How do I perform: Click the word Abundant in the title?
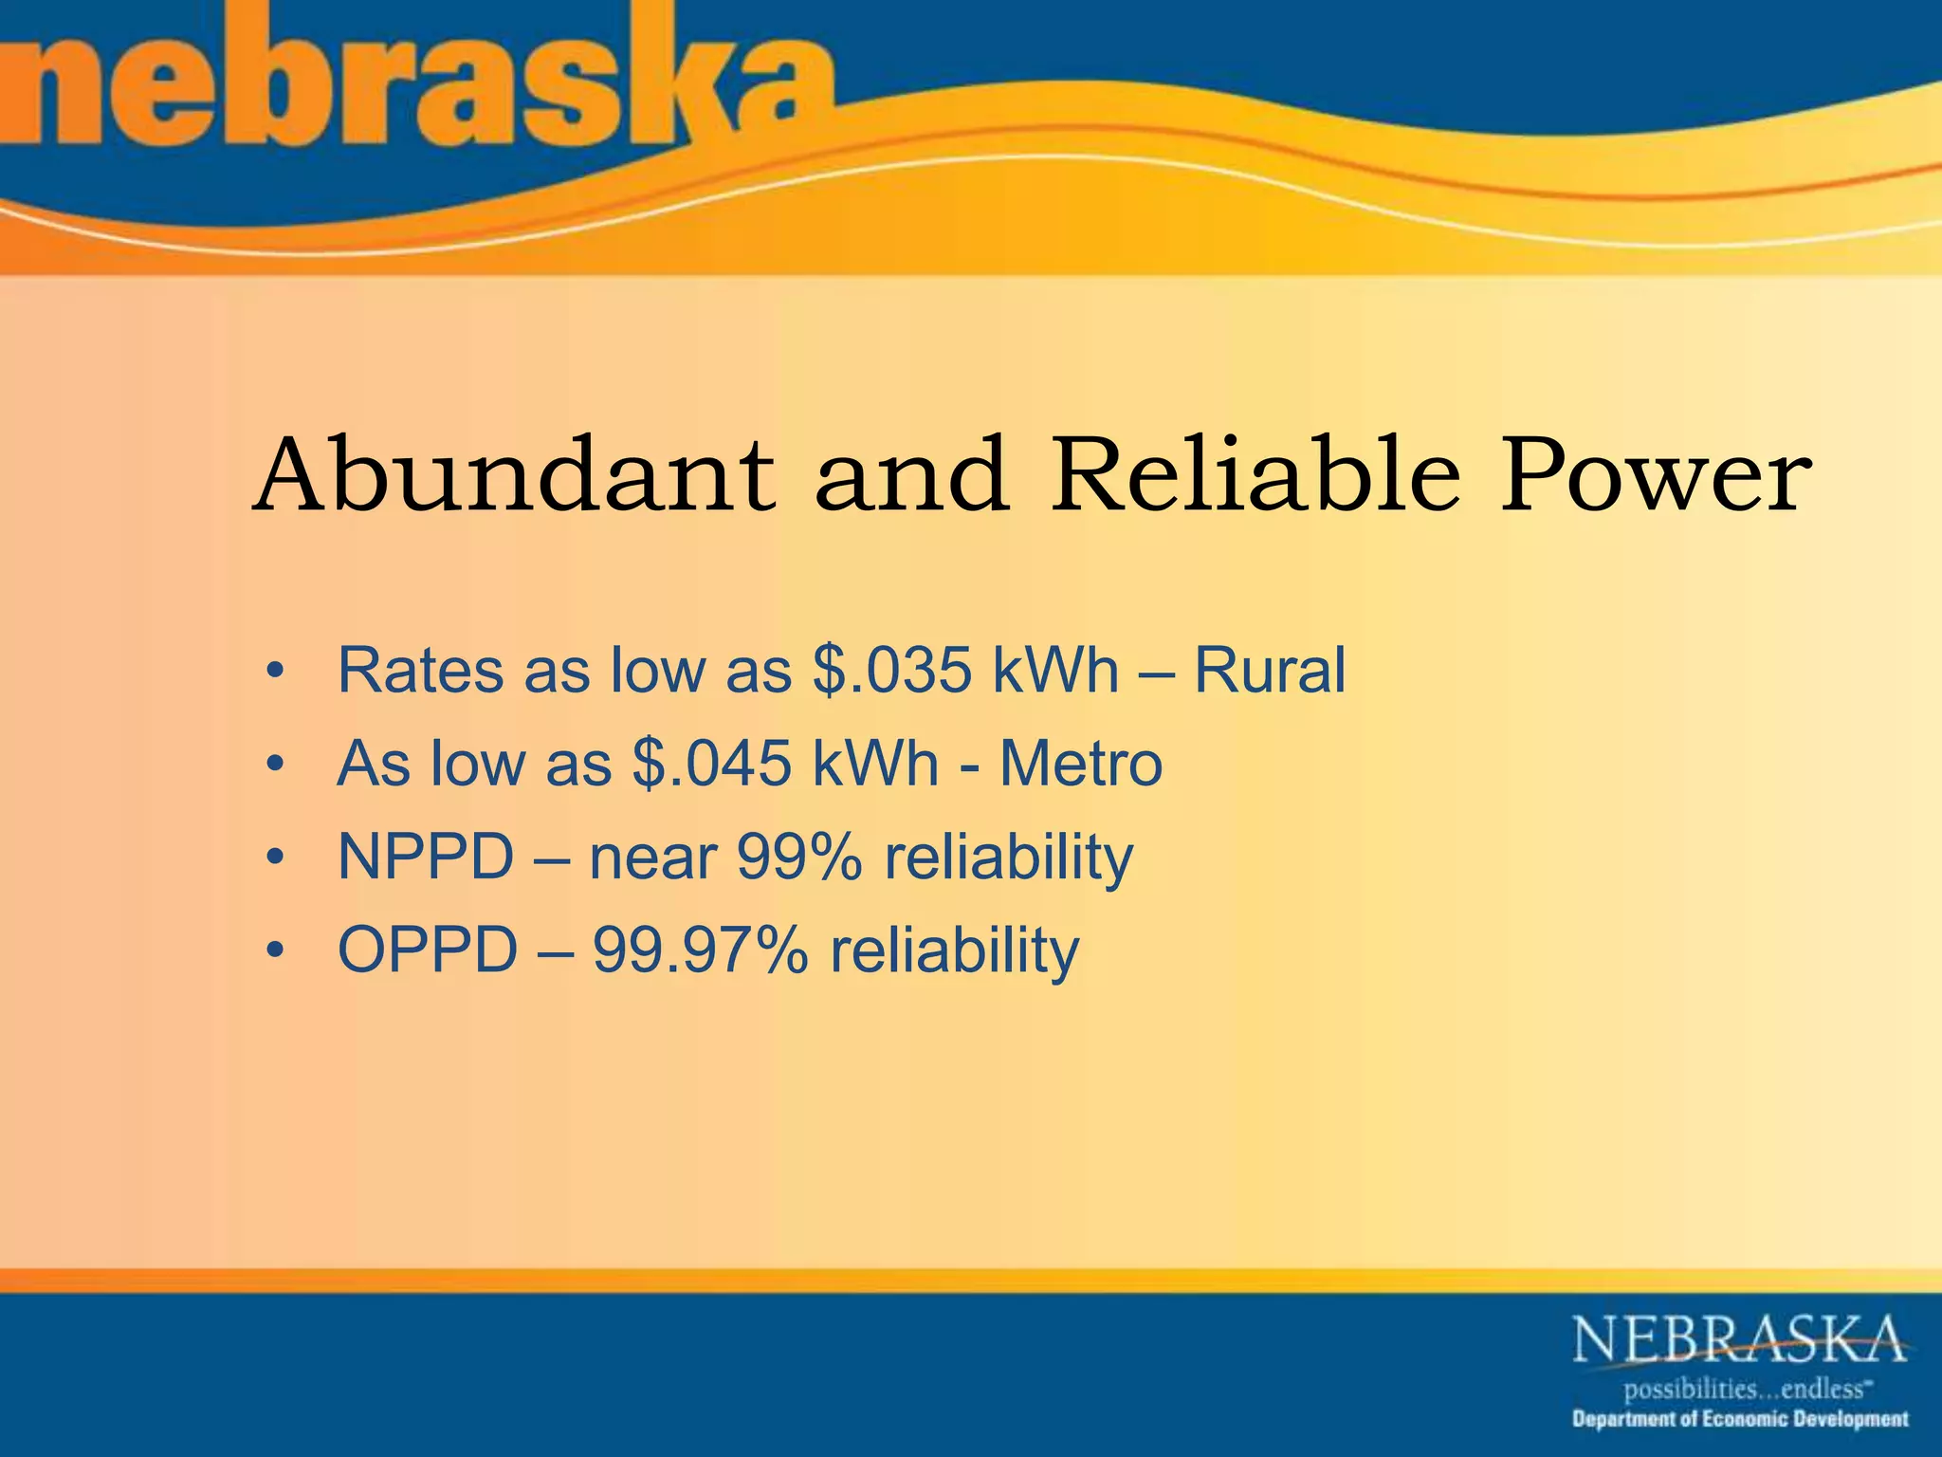[513, 473]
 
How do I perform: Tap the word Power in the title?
[1655, 473]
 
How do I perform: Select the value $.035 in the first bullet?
[892, 671]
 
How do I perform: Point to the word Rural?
[1270, 671]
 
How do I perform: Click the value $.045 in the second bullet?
[712, 764]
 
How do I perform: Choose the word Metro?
[1081, 764]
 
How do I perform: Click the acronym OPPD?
[428, 950]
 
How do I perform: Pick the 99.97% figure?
[700, 950]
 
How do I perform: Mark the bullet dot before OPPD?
[275, 951]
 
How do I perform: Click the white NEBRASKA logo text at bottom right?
[1739, 1339]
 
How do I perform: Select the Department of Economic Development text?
[1740, 1420]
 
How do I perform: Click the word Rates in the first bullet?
[421, 671]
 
